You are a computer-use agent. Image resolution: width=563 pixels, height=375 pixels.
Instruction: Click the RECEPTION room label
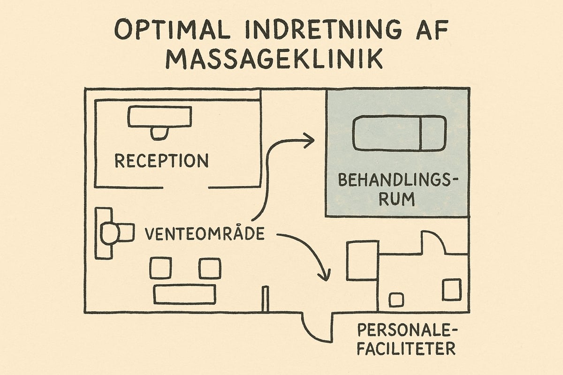coord(161,161)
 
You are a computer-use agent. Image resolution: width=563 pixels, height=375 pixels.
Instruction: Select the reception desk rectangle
coord(160,117)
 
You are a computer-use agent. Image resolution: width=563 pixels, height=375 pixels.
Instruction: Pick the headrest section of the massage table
coord(433,134)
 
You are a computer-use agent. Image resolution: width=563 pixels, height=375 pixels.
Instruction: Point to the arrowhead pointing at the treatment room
coord(309,139)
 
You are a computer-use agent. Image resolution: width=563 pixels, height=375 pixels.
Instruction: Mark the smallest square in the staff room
coord(396,300)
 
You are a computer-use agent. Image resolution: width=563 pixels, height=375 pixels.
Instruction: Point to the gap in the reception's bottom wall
coord(185,187)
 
